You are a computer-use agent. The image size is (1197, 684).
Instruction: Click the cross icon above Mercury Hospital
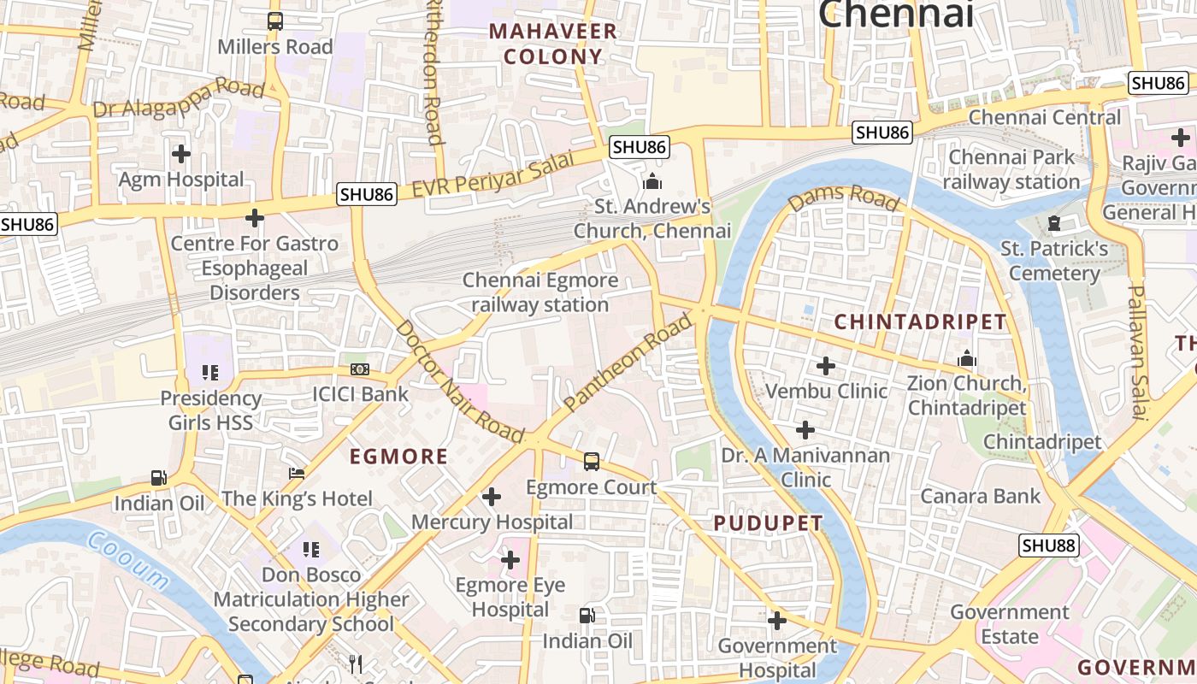[492, 496]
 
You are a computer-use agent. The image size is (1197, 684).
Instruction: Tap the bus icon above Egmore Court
[591, 462]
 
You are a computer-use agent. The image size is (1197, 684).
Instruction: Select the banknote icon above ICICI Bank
[360, 369]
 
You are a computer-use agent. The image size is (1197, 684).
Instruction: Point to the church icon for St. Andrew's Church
[653, 181]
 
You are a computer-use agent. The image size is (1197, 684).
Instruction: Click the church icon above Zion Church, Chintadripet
[967, 357]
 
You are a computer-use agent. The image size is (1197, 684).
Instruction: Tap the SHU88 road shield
[1049, 545]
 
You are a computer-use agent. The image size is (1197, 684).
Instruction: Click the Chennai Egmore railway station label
[540, 292]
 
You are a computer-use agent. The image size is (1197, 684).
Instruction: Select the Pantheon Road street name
[628, 363]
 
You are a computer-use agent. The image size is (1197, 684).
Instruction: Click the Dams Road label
[844, 198]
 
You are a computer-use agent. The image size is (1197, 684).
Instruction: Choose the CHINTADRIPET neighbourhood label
[920, 322]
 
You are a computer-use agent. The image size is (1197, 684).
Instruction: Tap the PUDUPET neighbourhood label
[768, 523]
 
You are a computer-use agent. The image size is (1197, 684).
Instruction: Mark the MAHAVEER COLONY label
[552, 44]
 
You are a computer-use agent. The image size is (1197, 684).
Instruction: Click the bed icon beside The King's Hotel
[297, 474]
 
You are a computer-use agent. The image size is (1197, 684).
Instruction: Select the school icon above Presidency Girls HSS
[210, 372]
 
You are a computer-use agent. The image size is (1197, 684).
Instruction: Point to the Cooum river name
[127, 560]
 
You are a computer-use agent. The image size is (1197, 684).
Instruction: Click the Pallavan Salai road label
[1136, 352]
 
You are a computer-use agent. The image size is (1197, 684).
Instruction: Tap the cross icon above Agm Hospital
[181, 154]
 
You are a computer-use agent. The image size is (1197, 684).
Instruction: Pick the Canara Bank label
[981, 496]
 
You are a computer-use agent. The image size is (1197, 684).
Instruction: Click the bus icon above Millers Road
[274, 21]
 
